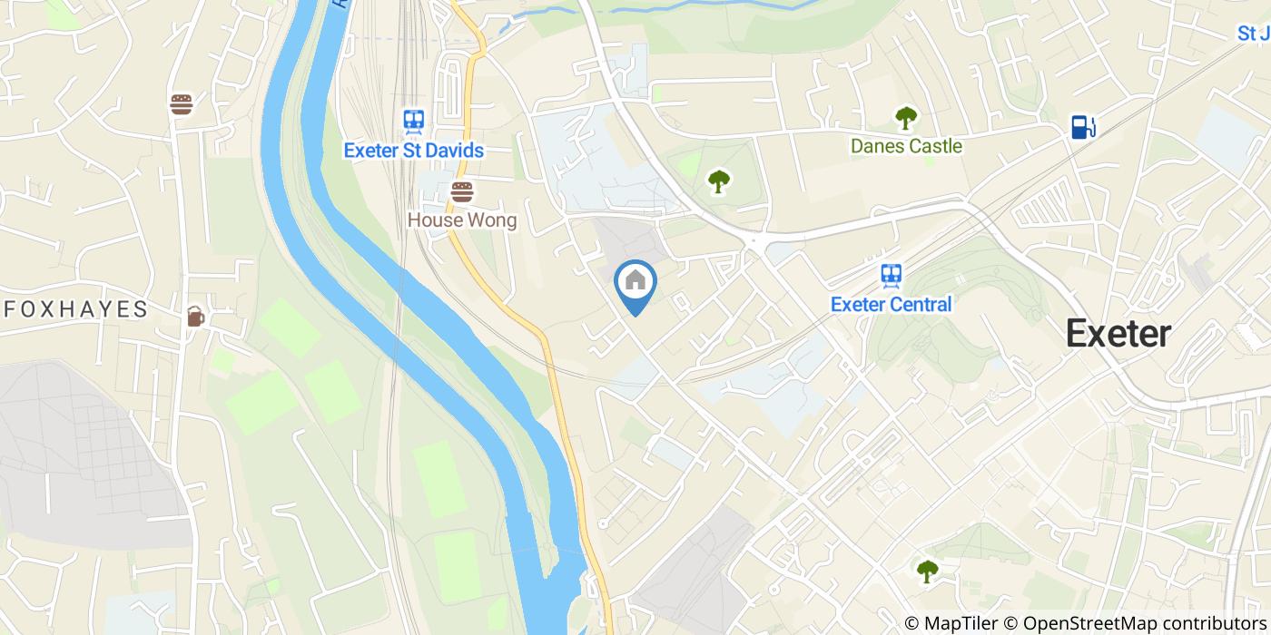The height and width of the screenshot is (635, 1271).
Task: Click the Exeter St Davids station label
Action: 413,150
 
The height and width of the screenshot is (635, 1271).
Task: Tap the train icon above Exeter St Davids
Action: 413,121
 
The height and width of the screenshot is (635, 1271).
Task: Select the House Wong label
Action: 461,220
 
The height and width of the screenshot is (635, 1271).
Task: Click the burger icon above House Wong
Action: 462,191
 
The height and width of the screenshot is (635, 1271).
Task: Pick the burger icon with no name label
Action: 182,104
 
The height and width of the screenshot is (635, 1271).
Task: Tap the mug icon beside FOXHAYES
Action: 195,316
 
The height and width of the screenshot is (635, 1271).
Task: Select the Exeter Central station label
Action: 891,304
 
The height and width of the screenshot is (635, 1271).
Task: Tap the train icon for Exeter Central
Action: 891,275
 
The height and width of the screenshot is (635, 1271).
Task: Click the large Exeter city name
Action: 1118,333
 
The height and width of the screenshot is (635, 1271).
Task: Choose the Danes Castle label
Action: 905,145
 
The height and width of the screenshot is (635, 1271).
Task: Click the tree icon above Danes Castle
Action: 905,117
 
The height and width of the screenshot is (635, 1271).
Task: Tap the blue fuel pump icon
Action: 1081,126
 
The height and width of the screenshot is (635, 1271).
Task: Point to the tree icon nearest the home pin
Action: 718,181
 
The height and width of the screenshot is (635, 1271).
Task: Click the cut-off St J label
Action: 1254,34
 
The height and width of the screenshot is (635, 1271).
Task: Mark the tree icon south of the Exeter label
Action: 927,571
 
